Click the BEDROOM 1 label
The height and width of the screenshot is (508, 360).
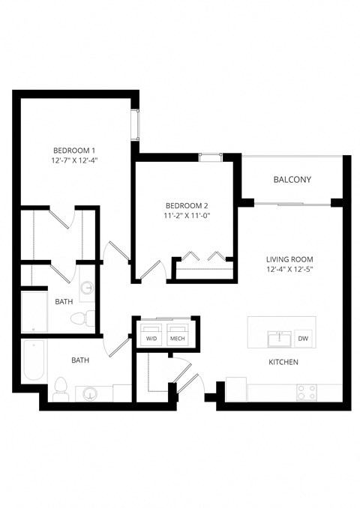click(x=73, y=150)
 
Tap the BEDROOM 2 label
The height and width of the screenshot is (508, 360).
click(x=186, y=205)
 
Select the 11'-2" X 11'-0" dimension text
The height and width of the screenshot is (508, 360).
click(x=186, y=216)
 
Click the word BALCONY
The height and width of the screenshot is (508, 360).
click(x=292, y=180)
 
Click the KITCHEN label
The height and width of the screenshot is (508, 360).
click(x=283, y=362)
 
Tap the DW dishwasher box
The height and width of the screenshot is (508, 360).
click(x=303, y=338)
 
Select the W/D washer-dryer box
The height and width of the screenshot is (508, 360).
click(x=152, y=335)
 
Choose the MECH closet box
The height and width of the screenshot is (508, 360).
click(x=178, y=335)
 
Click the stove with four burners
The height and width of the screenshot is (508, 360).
click(x=307, y=391)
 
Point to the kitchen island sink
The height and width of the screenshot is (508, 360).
click(x=279, y=339)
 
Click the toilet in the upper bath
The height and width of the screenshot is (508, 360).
click(x=81, y=318)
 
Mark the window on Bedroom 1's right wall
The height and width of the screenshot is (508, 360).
click(x=136, y=124)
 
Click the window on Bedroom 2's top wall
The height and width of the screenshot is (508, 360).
click(x=209, y=157)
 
